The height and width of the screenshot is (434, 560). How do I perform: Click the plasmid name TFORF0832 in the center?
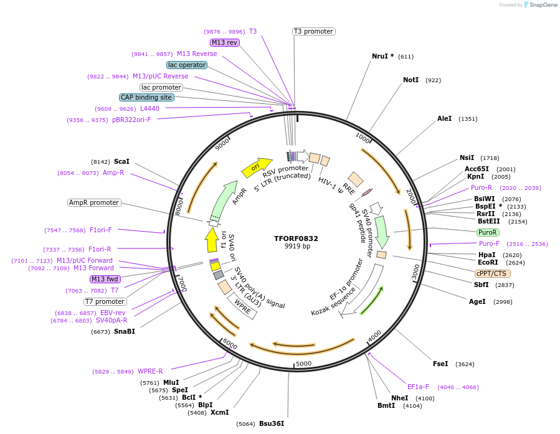coord(296,238)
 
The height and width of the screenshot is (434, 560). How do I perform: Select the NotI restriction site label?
coord(411,80)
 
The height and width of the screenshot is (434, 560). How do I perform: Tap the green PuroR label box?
coord(487,232)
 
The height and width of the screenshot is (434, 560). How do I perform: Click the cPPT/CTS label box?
coord(492,273)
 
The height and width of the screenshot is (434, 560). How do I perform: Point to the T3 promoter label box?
coord(313,31)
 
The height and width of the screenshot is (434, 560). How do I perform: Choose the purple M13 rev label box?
coord(224,42)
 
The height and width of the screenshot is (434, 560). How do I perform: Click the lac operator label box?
coord(186,65)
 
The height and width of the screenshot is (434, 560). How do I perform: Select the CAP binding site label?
coord(146,97)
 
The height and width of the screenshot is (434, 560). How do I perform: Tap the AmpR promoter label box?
coord(93,202)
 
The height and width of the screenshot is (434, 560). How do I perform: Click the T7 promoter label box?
coord(105,301)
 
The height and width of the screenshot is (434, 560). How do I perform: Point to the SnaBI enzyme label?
coord(124,331)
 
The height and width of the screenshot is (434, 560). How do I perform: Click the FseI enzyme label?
coord(440,364)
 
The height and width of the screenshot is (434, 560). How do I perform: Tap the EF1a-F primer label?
coord(418,387)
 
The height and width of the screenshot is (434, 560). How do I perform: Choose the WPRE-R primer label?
coord(150,371)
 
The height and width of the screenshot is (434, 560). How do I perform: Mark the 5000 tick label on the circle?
coord(303,364)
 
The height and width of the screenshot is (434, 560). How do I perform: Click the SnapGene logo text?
coord(541,5)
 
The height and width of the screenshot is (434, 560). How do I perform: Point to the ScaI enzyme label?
coord(121,161)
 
